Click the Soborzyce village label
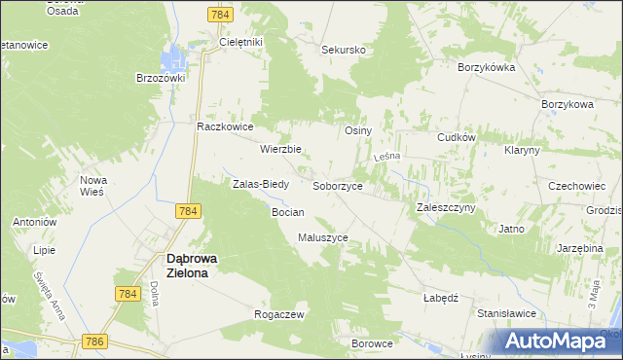coord(338,185)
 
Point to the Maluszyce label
coord(323,237)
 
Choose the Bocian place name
coord(288,212)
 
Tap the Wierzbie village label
coord(280,150)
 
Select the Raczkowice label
coord(225,126)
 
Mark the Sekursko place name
coord(344,49)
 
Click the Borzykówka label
coord(487,68)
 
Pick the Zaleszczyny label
coord(446,208)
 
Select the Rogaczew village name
coord(279,315)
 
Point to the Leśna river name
coord(387,157)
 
